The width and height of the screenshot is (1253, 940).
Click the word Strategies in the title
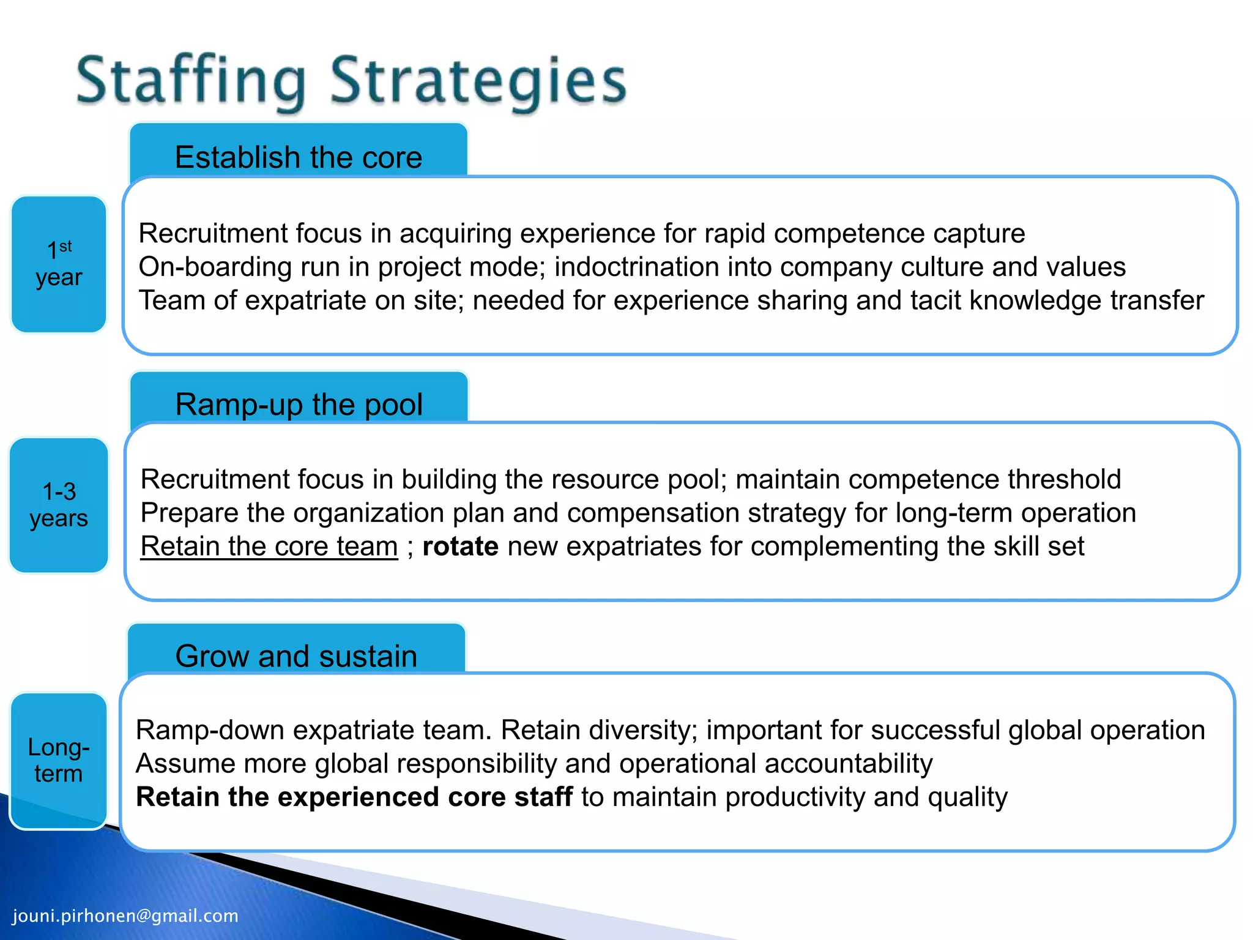tap(478, 81)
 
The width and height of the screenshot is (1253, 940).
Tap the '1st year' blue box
tap(59, 264)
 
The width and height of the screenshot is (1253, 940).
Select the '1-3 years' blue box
tap(59, 505)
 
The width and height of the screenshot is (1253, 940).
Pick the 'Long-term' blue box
tap(59, 761)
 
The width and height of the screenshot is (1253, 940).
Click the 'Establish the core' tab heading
tap(299, 157)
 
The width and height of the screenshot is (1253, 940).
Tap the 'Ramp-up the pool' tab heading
tap(299, 405)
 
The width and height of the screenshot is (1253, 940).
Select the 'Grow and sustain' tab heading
tap(296, 656)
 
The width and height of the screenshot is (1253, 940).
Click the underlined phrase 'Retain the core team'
tap(269, 546)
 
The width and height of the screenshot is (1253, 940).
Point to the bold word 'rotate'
tap(460, 546)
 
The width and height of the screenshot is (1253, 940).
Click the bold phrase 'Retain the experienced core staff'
tap(354, 797)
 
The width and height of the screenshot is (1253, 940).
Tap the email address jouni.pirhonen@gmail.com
tap(125, 916)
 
